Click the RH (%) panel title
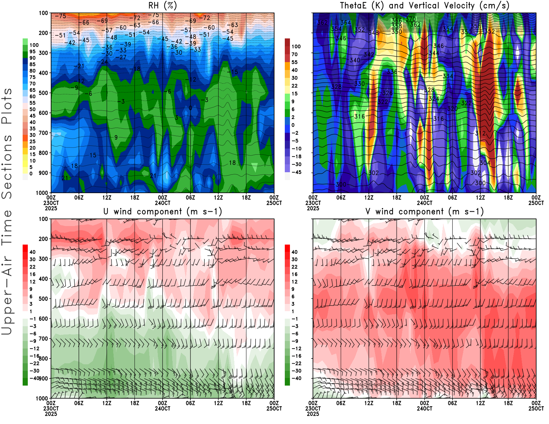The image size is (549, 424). tap(162, 6)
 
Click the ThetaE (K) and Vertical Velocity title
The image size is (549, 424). tap(424, 6)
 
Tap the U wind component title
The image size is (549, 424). tap(163, 212)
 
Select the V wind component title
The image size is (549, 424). tap(424, 212)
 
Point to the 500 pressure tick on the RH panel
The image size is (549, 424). tap(44, 93)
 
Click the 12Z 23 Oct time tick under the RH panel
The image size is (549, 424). tap(107, 198)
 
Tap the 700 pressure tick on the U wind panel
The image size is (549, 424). tap(44, 339)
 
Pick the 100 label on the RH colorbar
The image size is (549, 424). tap(34, 45)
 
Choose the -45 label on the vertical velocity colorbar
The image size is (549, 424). tap(296, 172)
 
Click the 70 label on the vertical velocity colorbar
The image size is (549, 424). tap(294, 54)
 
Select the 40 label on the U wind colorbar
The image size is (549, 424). tap(33, 252)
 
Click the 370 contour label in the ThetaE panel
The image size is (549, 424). tap(411, 19)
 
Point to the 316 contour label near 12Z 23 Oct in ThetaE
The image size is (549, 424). tap(360, 116)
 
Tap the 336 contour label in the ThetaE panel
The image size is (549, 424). tap(392, 72)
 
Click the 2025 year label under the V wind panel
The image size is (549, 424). tap(313, 414)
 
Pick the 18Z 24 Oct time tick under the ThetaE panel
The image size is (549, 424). tap(508, 198)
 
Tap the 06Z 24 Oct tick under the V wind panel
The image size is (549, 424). tap(452, 403)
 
